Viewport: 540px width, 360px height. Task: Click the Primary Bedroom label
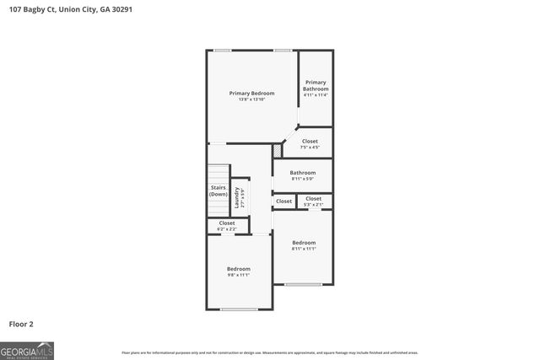pyautogui.click(x=251, y=93)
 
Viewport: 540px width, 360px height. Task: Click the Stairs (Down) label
pyautogui.click(x=219, y=191)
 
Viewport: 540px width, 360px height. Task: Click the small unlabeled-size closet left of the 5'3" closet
pyautogui.click(x=284, y=201)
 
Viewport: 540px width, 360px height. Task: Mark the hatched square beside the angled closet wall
pyautogui.click(x=276, y=150)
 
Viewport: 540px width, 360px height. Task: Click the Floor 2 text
pyautogui.click(x=22, y=324)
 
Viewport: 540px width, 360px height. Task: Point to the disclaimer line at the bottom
pyautogui.click(x=270, y=352)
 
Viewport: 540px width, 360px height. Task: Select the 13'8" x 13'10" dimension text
pyautogui.click(x=251, y=99)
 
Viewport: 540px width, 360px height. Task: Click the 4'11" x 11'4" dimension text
pyautogui.click(x=316, y=95)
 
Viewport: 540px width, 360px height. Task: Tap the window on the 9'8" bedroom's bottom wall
pyautogui.click(x=239, y=309)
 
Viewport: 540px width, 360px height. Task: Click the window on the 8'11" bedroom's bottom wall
pyautogui.click(x=303, y=284)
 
